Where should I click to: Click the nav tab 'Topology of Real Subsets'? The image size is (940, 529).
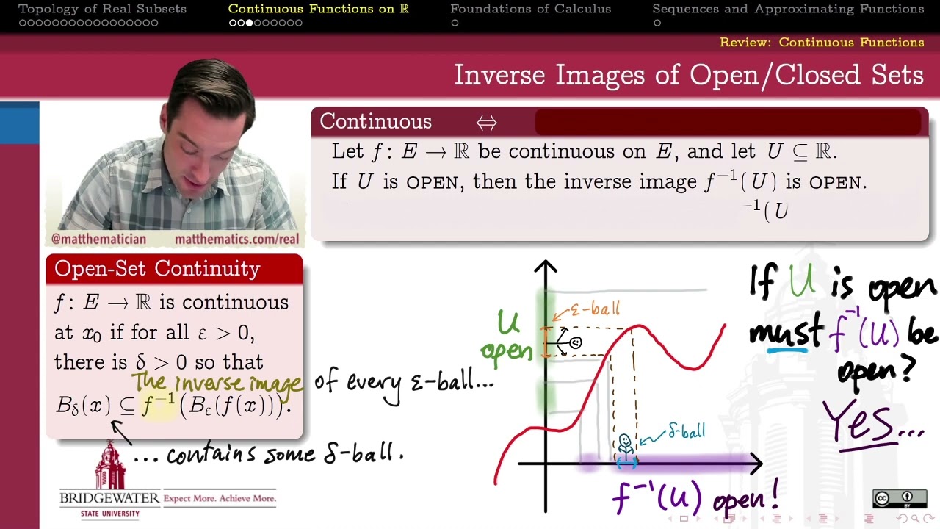click(x=102, y=9)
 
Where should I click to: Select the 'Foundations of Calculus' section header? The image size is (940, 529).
click(x=530, y=9)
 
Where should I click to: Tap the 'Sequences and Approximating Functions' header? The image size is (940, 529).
click(x=788, y=9)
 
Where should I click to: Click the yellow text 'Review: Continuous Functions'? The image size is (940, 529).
click(x=822, y=43)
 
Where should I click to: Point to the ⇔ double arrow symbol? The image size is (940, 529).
click(x=486, y=122)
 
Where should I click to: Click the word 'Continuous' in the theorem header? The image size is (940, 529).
click(x=375, y=121)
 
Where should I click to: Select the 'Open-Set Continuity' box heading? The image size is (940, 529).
click(x=157, y=269)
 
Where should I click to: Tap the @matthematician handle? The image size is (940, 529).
click(x=98, y=240)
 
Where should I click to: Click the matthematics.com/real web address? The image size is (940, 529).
click(x=236, y=240)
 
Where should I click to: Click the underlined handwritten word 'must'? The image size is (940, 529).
click(x=785, y=334)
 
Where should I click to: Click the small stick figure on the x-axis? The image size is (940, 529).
click(x=625, y=445)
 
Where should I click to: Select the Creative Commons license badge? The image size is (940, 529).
click(x=899, y=499)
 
